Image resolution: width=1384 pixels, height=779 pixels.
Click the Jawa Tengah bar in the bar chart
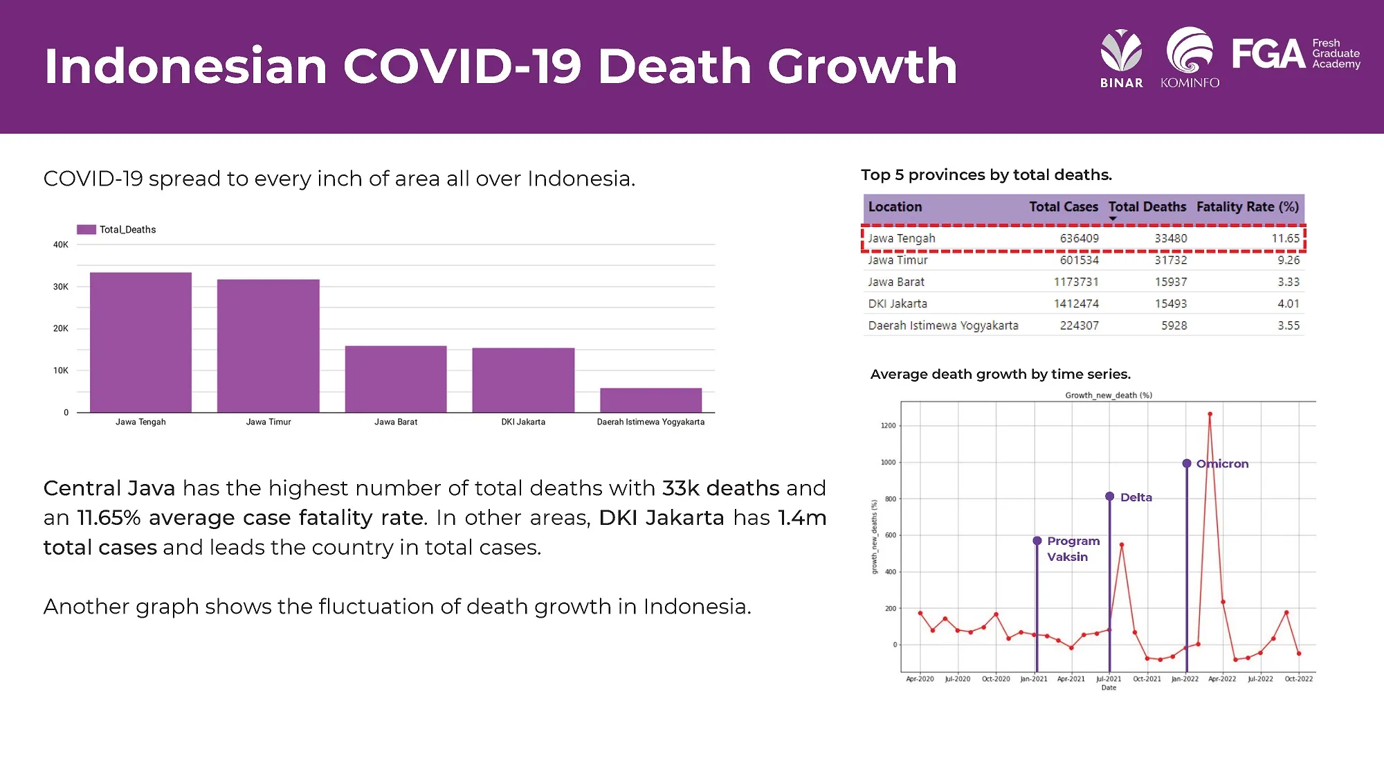coord(140,342)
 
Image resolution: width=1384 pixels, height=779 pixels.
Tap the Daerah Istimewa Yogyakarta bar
coord(650,400)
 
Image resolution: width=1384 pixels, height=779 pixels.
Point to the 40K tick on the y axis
coord(61,244)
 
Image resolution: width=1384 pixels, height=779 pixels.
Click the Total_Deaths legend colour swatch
coord(86,229)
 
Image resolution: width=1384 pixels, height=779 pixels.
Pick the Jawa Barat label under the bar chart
coord(396,422)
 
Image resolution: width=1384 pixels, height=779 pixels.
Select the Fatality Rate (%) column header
coord(1247,206)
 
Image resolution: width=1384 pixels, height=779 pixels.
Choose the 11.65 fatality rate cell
coord(1285,238)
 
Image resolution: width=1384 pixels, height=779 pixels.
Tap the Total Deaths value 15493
coord(1170,303)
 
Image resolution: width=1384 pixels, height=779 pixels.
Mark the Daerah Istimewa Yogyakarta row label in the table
coord(943,325)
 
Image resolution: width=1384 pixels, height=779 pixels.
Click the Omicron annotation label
coord(1222,464)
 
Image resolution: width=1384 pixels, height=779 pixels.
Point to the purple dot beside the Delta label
coord(1109,496)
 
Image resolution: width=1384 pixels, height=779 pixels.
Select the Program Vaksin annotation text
coord(1072,548)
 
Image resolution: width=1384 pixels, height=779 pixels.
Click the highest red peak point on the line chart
coord(1210,414)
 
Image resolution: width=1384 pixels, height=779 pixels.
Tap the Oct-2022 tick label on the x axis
coord(1298,679)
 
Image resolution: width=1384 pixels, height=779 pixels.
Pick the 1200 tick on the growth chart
coord(888,426)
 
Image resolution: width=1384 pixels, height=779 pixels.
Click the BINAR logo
coord(1121,60)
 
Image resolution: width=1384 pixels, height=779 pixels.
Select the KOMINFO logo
coord(1190,58)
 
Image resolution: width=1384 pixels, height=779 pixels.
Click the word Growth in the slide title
coord(862,66)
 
